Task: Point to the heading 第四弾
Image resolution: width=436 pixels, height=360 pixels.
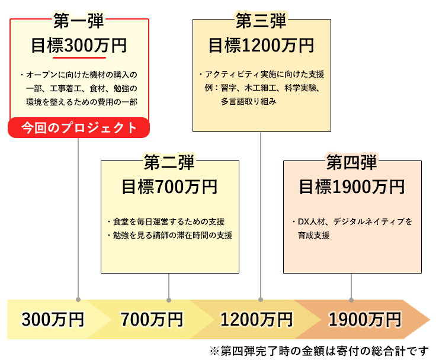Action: point(352,162)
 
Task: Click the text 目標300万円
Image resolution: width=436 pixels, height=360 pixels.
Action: point(79,46)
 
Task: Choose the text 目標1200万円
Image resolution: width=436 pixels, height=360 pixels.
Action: point(261,46)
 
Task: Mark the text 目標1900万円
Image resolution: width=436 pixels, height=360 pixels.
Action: point(352,187)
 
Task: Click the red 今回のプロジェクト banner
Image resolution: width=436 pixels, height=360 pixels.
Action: point(79,127)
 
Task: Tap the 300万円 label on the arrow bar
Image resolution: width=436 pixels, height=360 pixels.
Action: point(53,320)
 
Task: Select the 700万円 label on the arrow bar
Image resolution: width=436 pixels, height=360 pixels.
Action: point(152,320)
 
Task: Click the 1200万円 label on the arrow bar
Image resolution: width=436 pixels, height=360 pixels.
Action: point(257,320)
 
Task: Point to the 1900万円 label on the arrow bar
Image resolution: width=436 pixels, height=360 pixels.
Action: point(365,320)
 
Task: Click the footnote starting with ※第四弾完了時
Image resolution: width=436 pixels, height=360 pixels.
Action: point(319,351)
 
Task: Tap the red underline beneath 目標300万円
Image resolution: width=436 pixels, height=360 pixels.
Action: point(79,58)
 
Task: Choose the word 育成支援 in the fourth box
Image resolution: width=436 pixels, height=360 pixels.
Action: point(314,235)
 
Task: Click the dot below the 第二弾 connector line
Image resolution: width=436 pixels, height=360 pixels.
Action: point(169,300)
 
